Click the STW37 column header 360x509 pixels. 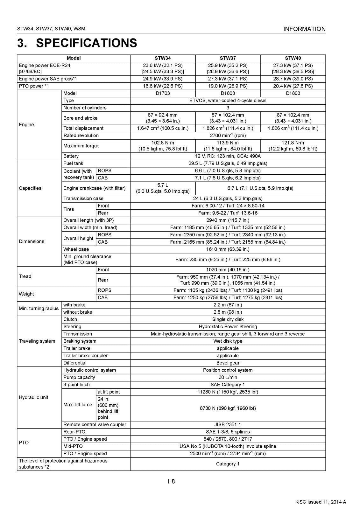[x=228, y=58]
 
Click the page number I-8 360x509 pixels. [x=171, y=481]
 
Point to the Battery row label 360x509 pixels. [x=71, y=156]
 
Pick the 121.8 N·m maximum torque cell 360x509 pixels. [x=293, y=146]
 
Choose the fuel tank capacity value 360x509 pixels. [x=228, y=164]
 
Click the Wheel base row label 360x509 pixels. [x=76, y=249]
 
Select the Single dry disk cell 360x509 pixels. [x=228, y=319]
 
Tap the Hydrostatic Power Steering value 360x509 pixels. [x=228, y=327]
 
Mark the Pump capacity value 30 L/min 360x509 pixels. [x=228, y=378]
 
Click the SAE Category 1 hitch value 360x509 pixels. [x=228, y=385]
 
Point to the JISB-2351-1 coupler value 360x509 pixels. [x=228, y=425]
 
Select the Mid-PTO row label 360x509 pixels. [x=73, y=446]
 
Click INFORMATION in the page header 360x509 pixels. [x=304, y=29]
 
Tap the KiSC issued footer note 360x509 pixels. [x=321, y=502]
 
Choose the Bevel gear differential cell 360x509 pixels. [x=228, y=363]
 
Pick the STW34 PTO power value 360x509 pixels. [x=163, y=86]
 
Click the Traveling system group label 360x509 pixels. [x=37, y=341]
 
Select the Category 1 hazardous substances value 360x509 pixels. [x=228, y=464]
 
